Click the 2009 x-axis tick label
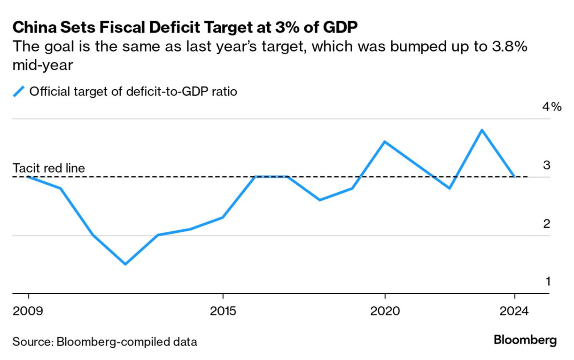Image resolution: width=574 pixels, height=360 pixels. tap(29, 311)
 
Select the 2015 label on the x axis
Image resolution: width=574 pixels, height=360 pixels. tap(223, 311)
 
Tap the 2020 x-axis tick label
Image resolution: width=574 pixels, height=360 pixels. tap(385, 311)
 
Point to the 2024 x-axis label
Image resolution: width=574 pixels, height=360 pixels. tap(515, 311)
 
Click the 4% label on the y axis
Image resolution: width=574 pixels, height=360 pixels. tap(551, 107)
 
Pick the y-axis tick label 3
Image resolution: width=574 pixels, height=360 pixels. tap(546, 165)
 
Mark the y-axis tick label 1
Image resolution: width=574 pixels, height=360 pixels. tap(547, 282)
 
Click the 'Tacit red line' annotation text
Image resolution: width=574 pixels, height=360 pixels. tap(49, 168)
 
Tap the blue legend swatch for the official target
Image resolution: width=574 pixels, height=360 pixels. tap(19, 91)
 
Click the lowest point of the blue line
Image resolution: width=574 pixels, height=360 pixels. tap(125, 264)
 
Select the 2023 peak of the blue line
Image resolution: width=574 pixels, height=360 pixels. tap(482, 130)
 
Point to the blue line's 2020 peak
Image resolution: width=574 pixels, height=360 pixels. tap(385, 141)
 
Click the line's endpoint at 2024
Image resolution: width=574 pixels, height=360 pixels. tap(515, 177)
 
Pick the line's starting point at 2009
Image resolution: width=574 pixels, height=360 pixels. tap(29, 177)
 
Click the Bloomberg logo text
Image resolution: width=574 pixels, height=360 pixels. tap(525, 340)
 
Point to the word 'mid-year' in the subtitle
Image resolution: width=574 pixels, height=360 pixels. tap(43, 65)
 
